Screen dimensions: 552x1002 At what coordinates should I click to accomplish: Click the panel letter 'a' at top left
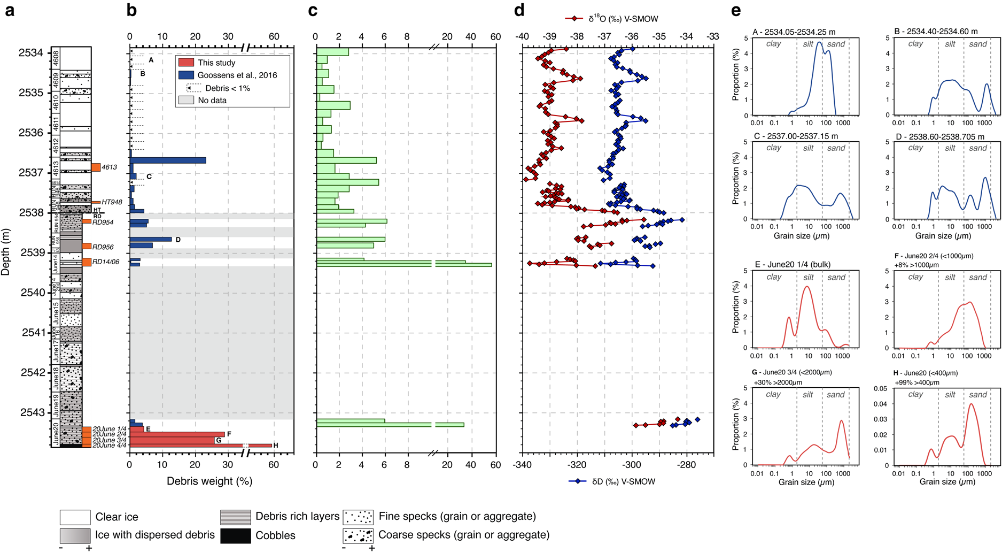[9, 11]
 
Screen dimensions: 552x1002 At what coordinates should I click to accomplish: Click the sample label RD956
[103, 247]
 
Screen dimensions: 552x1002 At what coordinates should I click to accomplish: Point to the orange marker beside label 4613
[96, 167]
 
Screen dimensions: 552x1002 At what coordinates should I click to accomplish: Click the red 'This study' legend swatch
[185, 63]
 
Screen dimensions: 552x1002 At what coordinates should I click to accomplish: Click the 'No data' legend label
[212, 101]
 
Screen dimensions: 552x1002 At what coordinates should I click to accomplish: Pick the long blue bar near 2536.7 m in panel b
[168, 160]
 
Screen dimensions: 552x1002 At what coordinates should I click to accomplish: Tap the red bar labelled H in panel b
[200, 445]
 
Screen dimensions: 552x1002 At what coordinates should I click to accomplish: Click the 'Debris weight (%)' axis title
[209, 481]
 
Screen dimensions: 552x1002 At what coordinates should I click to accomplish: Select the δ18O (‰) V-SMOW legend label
[623, 19]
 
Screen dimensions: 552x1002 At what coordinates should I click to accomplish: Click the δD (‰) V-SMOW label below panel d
[624, 481]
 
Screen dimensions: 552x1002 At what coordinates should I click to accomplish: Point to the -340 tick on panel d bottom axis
[522, 465]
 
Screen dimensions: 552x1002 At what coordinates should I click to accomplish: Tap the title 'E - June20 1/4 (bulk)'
[793, 264]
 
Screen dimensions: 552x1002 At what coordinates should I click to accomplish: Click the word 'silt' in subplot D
[950, 148]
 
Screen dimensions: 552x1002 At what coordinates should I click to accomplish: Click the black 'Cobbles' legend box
[235, 535]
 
